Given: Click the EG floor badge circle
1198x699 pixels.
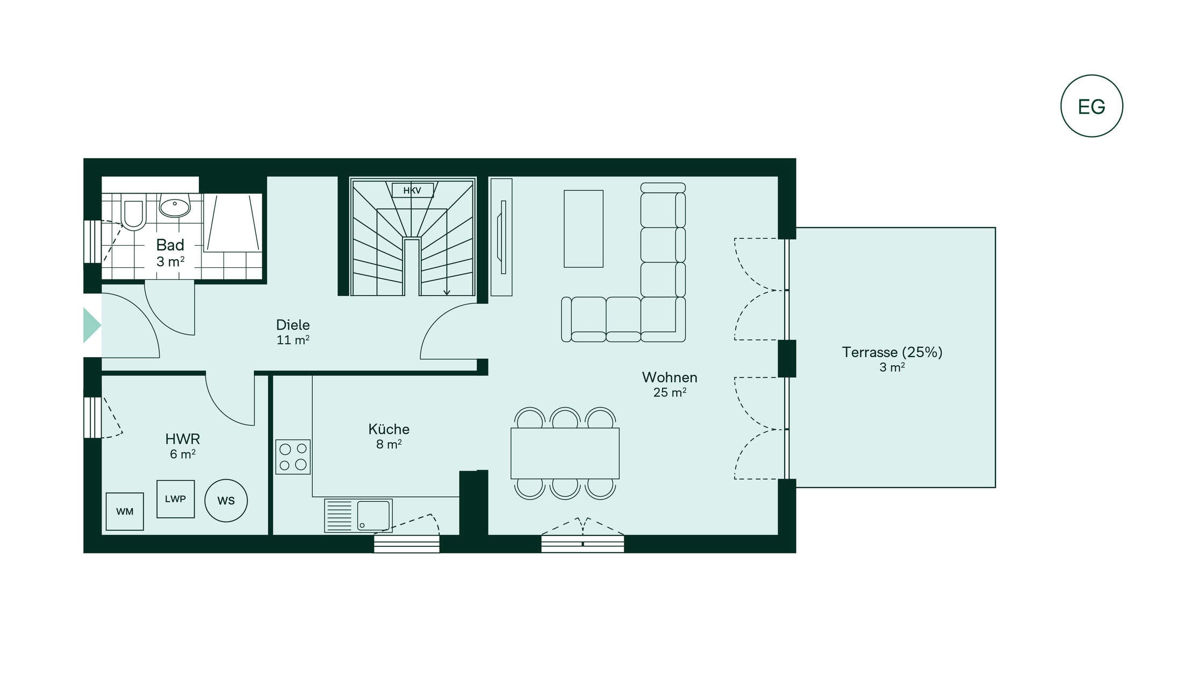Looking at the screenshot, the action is (1092, 75).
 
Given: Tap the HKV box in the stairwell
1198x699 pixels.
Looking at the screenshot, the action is (412, 190).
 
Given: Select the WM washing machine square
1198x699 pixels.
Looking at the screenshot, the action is (125, 511).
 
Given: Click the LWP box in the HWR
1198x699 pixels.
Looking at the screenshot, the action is (176, 499).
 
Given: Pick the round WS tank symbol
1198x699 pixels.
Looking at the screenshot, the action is (226, 501).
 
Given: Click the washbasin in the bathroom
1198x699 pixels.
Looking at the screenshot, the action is (175, 206).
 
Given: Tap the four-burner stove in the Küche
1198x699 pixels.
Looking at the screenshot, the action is (293, 457).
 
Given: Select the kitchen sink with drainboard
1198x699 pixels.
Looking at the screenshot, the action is (358, 516).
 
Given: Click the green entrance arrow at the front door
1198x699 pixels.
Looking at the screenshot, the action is (91, 325).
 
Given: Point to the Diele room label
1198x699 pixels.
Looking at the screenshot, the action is (293, 325).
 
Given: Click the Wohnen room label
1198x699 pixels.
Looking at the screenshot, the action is (670, 377).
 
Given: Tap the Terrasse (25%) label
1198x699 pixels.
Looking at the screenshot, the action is (892, 352).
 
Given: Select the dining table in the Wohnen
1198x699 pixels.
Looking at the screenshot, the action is (565, 453).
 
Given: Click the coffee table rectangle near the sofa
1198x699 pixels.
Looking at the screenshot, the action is (584, 229).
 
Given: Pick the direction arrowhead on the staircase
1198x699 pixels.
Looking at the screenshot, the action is (447, 293).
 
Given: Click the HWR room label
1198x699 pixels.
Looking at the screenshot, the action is (183, 439).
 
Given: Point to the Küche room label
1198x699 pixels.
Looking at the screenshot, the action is (389, 429).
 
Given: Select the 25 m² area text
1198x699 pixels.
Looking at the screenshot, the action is (670, 393).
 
